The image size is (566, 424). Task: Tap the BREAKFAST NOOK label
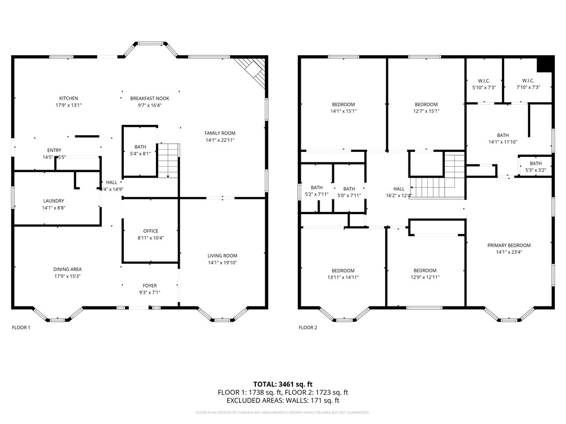coord(150,98)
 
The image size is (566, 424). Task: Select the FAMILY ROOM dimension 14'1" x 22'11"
coord(220,140)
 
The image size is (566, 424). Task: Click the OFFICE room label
coord(150,231)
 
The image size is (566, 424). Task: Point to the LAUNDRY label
coord(54,201)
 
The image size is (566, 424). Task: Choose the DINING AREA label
coord(67,269)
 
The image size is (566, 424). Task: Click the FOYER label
coord(150,286)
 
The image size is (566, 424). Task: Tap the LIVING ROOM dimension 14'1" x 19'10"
coord(222,262)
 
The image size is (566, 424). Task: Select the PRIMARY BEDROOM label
coord(509,246)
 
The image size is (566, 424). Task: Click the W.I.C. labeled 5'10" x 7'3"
coord(484,81)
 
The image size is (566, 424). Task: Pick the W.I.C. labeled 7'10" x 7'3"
coord(528,81)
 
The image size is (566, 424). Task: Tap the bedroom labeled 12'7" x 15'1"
coord(426,104)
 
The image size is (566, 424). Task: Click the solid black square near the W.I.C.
coord(545,64)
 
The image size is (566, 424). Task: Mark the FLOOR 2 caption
coord(308,327)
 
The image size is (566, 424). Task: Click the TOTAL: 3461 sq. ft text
coord(283,384)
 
